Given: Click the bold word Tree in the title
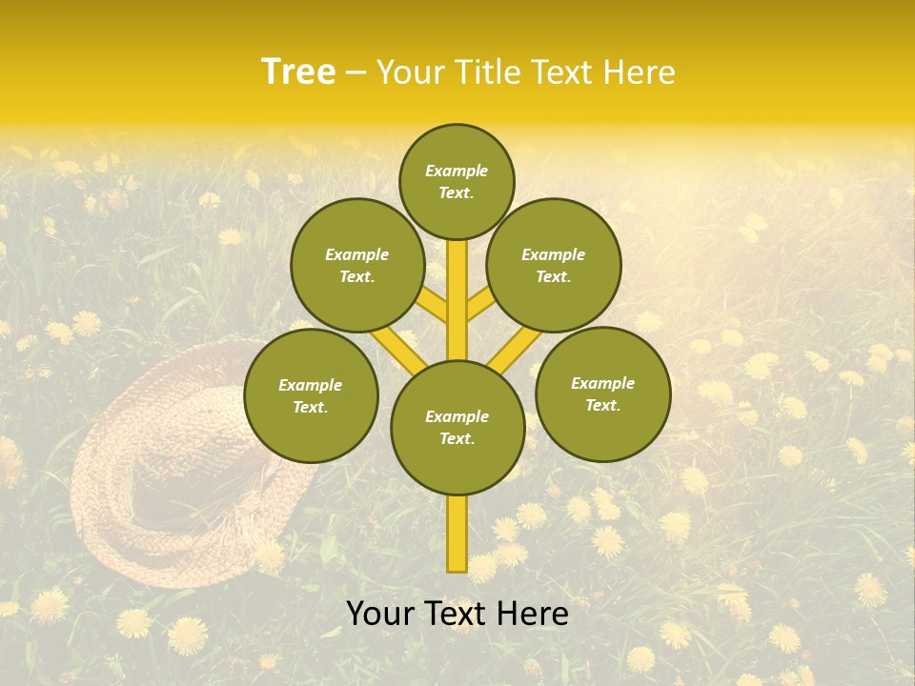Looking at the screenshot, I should pos(298,72).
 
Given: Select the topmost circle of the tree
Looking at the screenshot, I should pos(457,181).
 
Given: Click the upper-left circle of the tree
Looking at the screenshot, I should pos(357,265).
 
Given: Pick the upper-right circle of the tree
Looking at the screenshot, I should pos(554,265).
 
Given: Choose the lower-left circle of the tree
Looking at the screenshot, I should pos(311,395).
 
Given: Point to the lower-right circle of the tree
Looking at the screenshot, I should pos(603,393).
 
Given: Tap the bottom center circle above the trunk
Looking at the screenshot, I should pos(457,428).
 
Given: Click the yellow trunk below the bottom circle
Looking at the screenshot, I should pos(457,534).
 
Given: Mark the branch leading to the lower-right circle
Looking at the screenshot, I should pos(515,349).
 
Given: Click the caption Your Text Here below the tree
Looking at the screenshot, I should pos(457,614).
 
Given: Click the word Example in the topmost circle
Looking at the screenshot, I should pos(457,171).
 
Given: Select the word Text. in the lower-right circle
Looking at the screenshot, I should pos(602,405).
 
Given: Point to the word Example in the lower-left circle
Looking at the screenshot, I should pos(311,385).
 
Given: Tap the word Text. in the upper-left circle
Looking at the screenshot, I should pos(357,276).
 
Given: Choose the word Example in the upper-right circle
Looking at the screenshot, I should pos(554,254).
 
